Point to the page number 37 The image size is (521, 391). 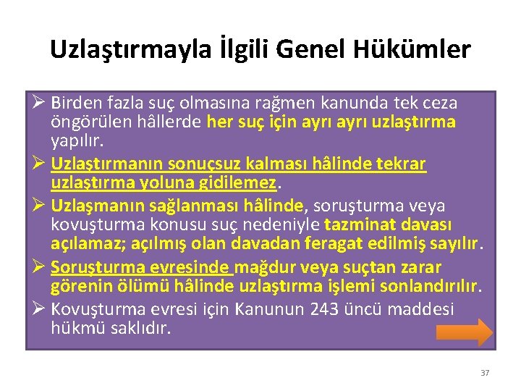[x=485, y=373]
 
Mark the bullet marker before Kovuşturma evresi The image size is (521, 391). [x=38, y=310]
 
